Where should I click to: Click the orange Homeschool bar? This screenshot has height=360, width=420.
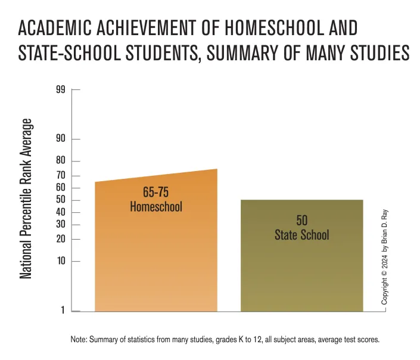click(x=156, y=256)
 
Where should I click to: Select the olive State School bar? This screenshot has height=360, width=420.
click(x=301, y=268)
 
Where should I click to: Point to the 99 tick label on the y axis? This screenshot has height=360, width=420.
click(x=61, y=91)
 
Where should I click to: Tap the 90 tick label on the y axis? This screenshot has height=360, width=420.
click(x=61, y=139)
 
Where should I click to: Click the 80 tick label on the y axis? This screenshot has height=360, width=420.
click(x=61, y=161)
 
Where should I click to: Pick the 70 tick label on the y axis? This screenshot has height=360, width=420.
click(x=61, y=176)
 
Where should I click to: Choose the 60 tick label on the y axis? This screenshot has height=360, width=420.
click(x=61, y=188)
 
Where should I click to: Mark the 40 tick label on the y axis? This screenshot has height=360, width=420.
click(x=61, y=213)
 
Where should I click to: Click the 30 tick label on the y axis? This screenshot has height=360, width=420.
click(x=61, y=225)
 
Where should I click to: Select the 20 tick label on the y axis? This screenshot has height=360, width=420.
click(x=61, y=240)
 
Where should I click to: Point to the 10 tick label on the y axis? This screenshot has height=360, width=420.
click(x=61, y=262)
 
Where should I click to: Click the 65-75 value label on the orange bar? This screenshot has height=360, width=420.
click(x=156, y=193)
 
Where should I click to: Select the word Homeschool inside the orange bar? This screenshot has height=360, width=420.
click(x=156, y=207)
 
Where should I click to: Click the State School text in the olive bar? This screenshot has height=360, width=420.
click(x=301, y=235)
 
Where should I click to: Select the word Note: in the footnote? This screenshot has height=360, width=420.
click(x=79, y=339)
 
